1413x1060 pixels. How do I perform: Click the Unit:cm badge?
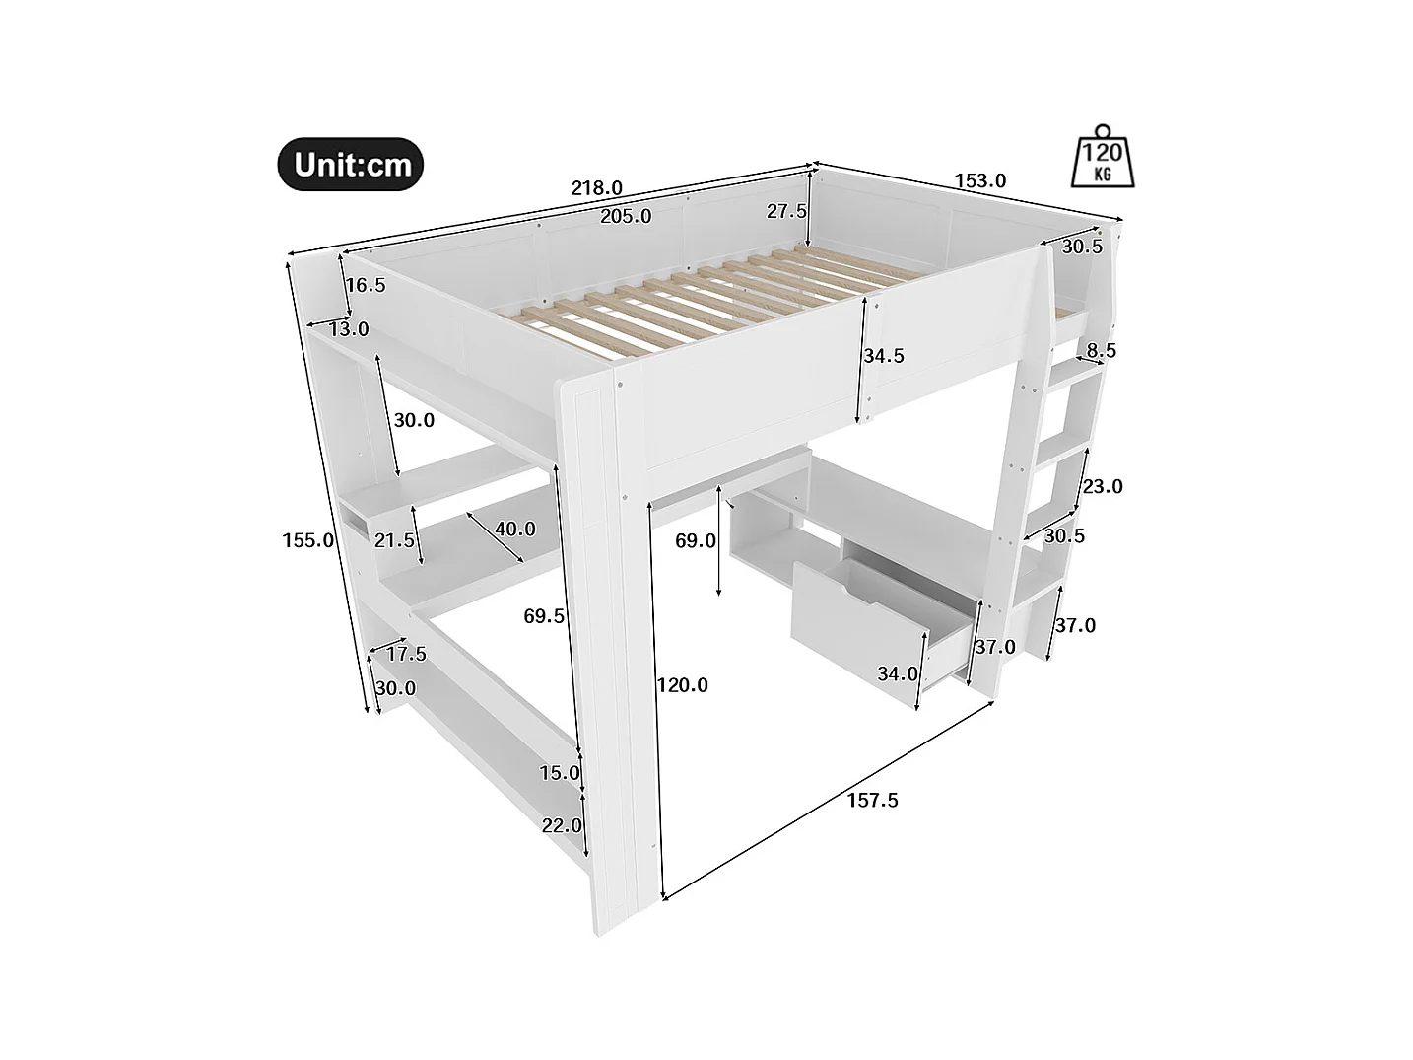(351, 164)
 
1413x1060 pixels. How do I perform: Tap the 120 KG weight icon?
(1104, 157)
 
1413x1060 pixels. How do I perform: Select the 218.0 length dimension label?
(596, 187)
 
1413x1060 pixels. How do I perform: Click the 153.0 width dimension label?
(979, 180)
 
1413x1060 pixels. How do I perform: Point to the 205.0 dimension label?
(626, 216)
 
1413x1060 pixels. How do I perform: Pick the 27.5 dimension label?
(787, 211)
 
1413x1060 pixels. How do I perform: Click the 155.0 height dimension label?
(307, 539)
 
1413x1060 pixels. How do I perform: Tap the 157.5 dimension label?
(872, 800)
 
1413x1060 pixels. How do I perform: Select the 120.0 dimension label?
(682, 684)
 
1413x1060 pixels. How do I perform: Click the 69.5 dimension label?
(544, 616)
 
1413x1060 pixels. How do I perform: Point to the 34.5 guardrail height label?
(884, 356)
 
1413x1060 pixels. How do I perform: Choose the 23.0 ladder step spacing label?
(1102, 486)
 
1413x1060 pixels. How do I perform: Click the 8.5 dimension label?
(1100, 350)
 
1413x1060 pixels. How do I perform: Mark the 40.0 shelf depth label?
(515, 529)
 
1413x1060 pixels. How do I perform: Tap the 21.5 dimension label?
(394, 539)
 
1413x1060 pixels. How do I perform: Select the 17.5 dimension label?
(406, 654)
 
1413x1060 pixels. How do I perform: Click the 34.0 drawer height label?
(898, 673)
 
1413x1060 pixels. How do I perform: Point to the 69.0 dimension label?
(697, 540)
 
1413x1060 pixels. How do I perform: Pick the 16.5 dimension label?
(366, 285)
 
